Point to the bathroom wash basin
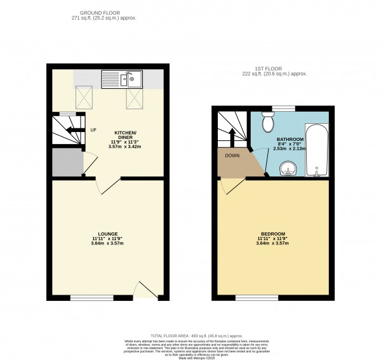coord(289,169)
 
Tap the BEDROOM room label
coord(272,234)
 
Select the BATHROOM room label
coord(290,139)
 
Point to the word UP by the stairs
coord(93,130)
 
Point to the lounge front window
coord(87,297)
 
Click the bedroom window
coord(253,297)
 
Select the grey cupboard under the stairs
coord(67,163)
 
